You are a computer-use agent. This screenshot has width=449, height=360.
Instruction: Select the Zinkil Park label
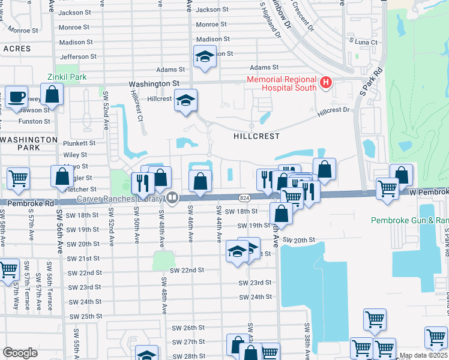(67, 77)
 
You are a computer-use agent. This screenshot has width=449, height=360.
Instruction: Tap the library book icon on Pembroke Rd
(173, 197)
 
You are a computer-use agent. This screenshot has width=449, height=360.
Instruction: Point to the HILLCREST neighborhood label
(256, 136)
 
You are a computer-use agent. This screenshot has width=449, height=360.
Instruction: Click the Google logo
(20, 353)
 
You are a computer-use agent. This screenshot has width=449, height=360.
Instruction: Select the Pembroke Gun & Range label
(409, 220)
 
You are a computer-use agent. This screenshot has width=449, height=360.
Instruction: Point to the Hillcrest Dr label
(333, 110)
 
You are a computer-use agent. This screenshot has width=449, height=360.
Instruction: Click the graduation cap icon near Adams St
(205, 57)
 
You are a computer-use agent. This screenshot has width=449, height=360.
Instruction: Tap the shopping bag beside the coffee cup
(53, 94)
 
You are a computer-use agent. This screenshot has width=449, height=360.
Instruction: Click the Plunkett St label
(79, 143)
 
